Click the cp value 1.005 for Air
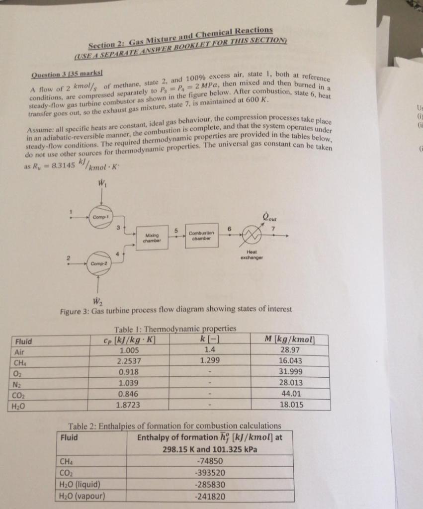[x=129, y=350]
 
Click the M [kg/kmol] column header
[x=290, y=339]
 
